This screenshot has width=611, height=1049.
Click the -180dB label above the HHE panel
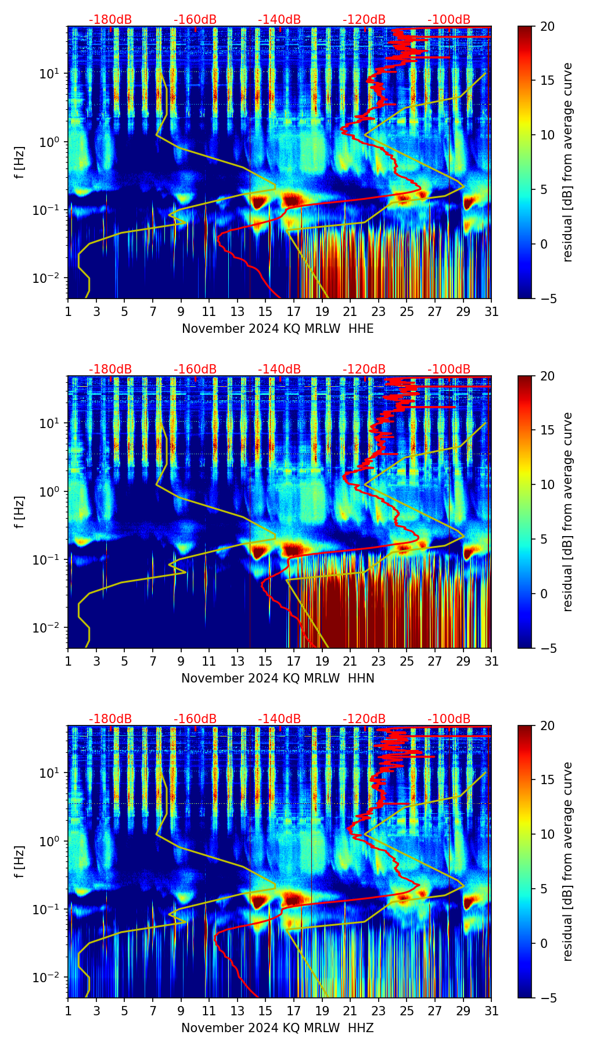click(x=110, y=20)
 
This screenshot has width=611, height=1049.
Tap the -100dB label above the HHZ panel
click(x=449, y=719)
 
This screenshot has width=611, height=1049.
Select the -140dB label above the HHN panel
click(x=279, y=369)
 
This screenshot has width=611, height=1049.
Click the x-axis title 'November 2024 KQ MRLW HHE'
click(x=278, y=329)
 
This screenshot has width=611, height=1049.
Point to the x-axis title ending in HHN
click(x=278, y=678)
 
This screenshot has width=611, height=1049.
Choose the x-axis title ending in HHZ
click(x=278, y=1028)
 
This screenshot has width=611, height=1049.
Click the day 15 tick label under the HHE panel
click(x=265, y=312)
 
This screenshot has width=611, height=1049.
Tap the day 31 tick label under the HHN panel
click(x=491, y=662)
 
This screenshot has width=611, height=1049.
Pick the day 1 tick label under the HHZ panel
click(x=68, y=1011)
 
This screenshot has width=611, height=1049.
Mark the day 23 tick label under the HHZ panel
click(x=379, y=1011)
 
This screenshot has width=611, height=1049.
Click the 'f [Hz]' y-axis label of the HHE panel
click(x=20, y=163)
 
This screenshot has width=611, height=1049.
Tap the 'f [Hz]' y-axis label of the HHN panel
click(x=20, y=512)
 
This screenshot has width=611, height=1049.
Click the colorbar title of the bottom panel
click(x=567, y=861)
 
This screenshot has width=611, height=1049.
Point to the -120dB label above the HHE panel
click(x=364, y=20)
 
